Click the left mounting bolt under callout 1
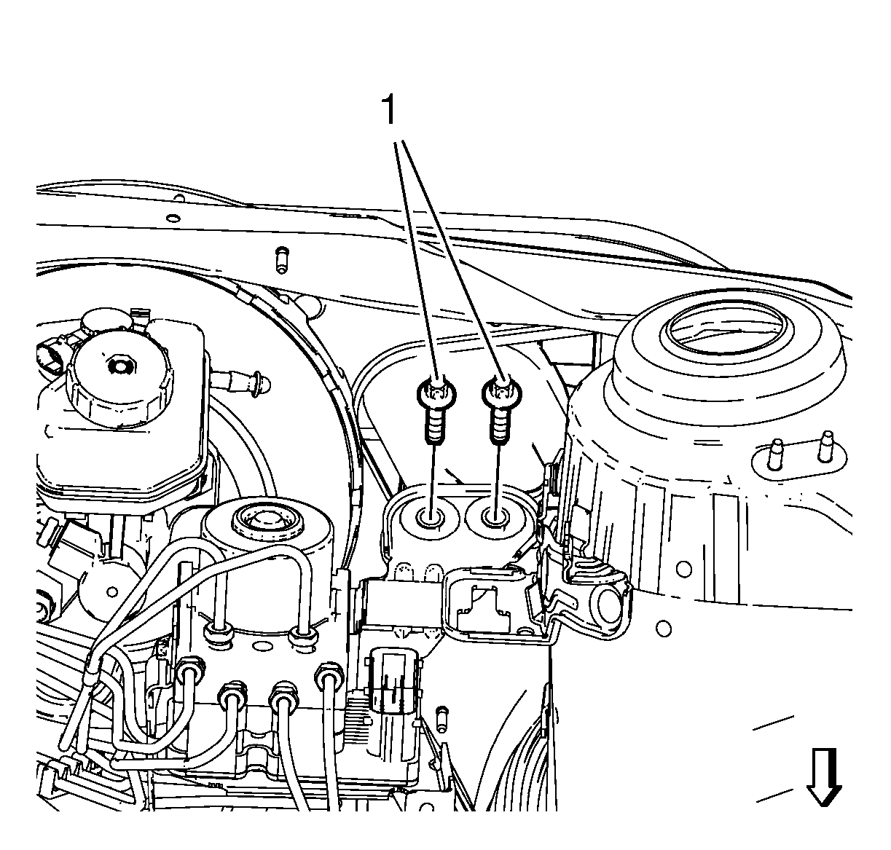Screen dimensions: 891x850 435,409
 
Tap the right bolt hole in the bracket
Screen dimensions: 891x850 494,516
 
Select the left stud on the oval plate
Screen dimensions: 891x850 775,454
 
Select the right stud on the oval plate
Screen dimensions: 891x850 825,446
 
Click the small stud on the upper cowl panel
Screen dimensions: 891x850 282,259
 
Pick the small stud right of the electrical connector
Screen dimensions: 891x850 442,719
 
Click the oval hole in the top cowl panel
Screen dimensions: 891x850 173,219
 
